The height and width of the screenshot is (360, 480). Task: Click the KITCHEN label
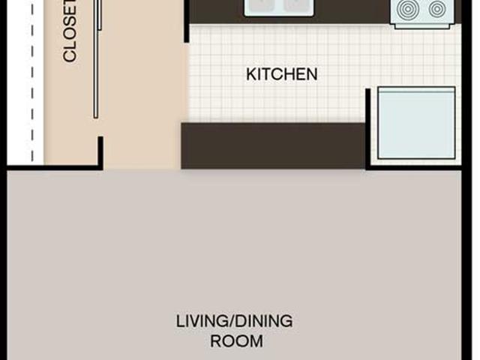point(282,74)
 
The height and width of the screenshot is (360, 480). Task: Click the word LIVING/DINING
point(234,322)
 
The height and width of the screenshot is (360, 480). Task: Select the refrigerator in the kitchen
point(416,123)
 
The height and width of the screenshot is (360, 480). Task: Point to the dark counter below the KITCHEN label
point(273,145)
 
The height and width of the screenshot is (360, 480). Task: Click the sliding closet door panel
point(96,60)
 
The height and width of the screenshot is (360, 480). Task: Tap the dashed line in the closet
point(31,82)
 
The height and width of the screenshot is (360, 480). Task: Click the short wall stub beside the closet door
point(100,152)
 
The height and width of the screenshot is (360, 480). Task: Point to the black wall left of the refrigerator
point(367,127)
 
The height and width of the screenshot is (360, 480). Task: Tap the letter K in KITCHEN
point(250,74)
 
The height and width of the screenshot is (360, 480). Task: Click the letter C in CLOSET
point(70,56)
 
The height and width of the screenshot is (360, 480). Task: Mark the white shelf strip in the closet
point(19,82)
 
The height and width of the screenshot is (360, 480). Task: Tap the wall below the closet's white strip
point(52,167)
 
